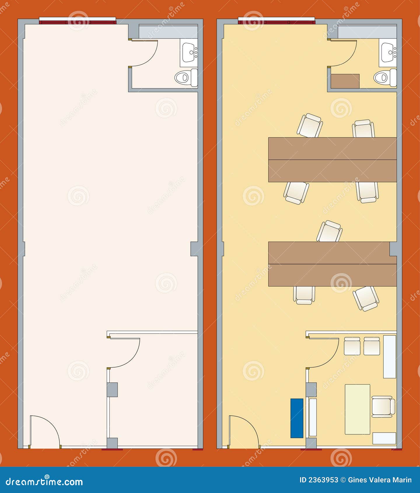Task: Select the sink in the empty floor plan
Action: pyautogui.click(x=189, y=53)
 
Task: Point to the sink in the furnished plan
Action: pyautogui.click(x=388, y=53)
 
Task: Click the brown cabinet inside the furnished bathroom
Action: pyautogui.click(x=345, y=81)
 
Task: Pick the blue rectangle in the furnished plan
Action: pyautogui.click(x=297, y=418)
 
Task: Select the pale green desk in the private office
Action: pyautogui.click(x=357, y=409)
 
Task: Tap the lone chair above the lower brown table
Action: pyautogui.click(x=330, y=231)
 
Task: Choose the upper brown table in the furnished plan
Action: pyautogui.click(x=332, y=160)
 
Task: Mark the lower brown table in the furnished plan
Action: pyautogui.click(x=332, y=264)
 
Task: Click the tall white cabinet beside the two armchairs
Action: pyautogui.click(x=389, y=356)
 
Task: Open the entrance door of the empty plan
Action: pyautogui.click(x=44, y=431)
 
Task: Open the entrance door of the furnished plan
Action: pyautogui.click(x=243, y=431)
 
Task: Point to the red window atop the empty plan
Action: pyautogui.click(x=77, y=22)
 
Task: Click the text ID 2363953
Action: pyautogui.click(x=319, y=480)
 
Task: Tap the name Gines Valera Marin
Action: pyautogui.click(x=380, y=480)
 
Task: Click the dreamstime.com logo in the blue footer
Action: pyautogui.click(x=44, y=481)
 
